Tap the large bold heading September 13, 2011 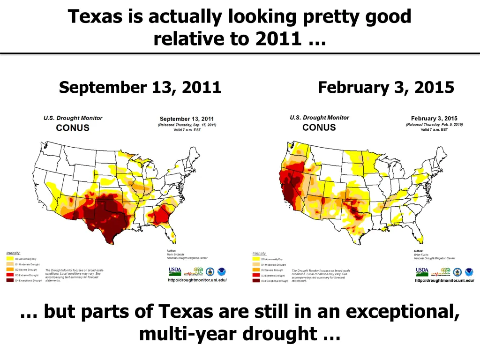click(x=140, y=88)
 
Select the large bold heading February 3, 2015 click(x=386, y=88)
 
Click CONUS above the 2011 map click(x=73, y=127)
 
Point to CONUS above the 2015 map click(x=319, y=127)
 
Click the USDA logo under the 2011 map click(x=175, y=271)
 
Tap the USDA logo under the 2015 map click(x=422, y=271)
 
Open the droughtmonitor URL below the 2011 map click(x=197, y=280)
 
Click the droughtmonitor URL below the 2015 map click(x=444, y=280)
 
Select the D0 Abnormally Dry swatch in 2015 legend click(x=256, y=259)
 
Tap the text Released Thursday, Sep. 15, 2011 click(x=187, y=125)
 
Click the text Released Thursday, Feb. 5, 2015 click(x=434, y=124)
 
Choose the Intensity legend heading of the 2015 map click(x=259, y=253)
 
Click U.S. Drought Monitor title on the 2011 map click(x=73, y=118)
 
